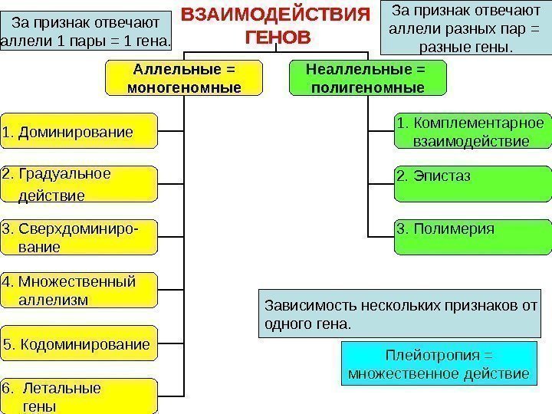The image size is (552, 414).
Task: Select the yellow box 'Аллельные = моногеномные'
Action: point(183,79)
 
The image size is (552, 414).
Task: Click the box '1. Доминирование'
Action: point(79,131)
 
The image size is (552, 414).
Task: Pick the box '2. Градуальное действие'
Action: point(79,184)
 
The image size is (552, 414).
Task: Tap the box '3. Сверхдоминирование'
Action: point(79,238)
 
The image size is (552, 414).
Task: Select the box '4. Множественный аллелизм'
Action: point(79,289)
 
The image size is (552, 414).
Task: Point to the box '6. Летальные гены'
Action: point(79,396)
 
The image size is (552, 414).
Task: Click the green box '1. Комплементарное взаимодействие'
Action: point(472,132)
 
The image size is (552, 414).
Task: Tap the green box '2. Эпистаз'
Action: point(472,184)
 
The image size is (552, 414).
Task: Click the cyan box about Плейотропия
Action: point(439,364)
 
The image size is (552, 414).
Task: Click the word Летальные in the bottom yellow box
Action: point(65,389)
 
